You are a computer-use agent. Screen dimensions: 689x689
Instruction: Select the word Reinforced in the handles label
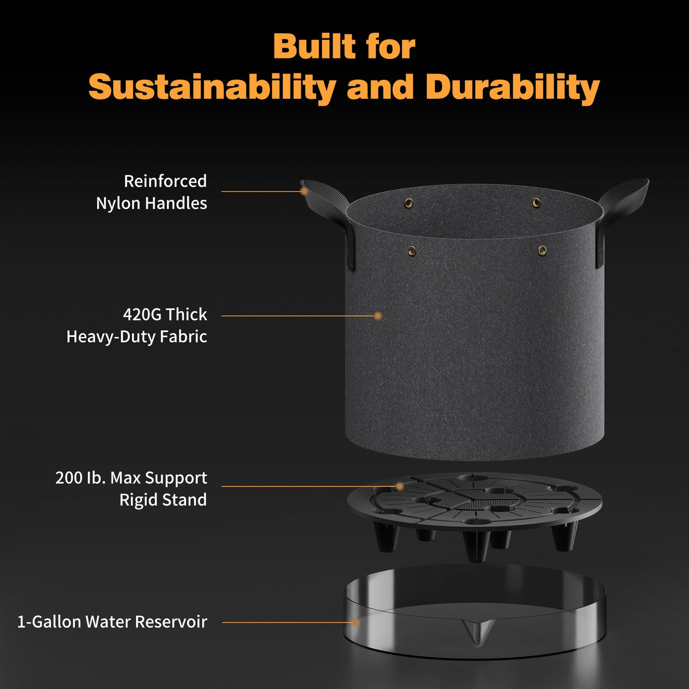(x=165, y=181)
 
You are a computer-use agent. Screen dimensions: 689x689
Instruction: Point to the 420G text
(x=142, y=315)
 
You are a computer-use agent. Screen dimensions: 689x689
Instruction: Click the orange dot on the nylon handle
(x=304, y=191)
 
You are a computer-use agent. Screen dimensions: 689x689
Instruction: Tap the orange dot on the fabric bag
(x=378, y=316)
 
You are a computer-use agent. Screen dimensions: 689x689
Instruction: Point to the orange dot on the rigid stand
(x=400, y=486)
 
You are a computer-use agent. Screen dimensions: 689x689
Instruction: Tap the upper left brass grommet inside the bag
(x=408, y=203)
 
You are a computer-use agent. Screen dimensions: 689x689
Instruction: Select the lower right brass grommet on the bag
(x=542, y=250)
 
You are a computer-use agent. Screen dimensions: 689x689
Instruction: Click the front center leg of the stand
(x=476, y=545)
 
